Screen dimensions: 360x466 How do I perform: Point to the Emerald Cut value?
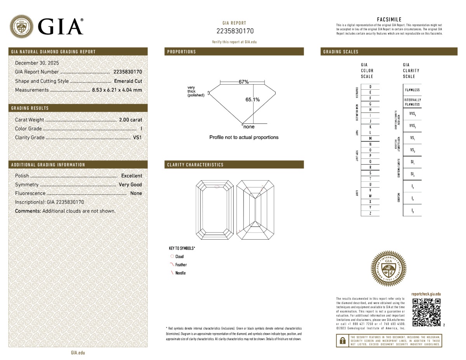click(128, 81)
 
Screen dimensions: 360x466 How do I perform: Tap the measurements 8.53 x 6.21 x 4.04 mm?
click(116, 90)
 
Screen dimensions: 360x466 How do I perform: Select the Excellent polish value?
click(132, 176)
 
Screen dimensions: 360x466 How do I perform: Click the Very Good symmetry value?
click(130, 185)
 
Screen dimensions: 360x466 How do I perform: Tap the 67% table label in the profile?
click(243, 82)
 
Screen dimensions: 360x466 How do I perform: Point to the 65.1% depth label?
click(252, 99)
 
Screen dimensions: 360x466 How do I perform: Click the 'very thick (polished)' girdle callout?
click(195, 91)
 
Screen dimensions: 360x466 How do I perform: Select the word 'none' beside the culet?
click(249, 127)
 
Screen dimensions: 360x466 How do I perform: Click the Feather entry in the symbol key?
click(181, 265)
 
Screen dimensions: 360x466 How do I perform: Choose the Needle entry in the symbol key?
click(181, 273)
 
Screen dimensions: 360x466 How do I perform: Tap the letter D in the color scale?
click(370, 87)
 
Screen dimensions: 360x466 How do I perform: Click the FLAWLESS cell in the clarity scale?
click(412, 90)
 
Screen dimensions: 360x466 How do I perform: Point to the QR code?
click(426, 312)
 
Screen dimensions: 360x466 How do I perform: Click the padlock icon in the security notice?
click(343, 341)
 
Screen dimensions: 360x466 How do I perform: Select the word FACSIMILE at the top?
click(389, 19)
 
